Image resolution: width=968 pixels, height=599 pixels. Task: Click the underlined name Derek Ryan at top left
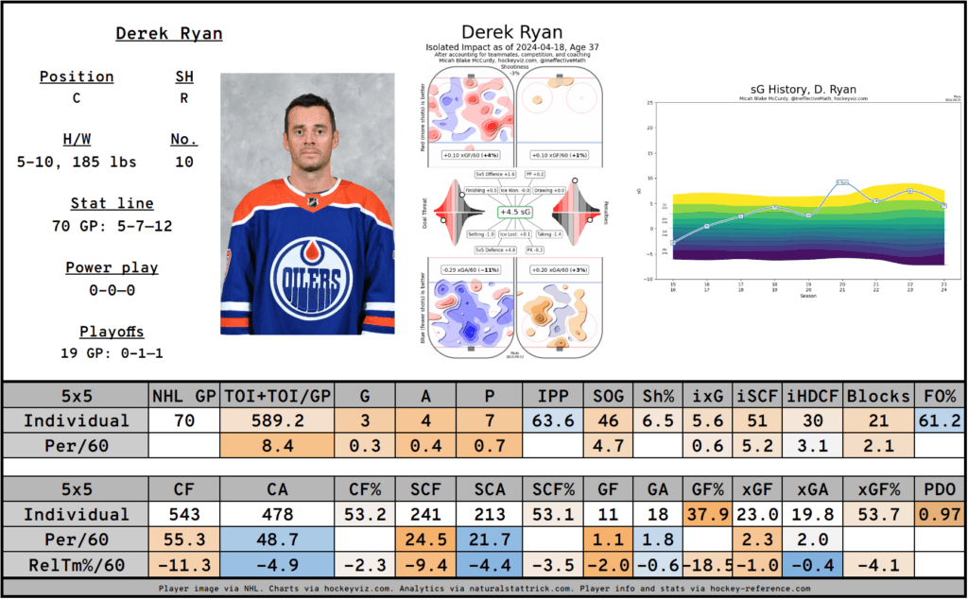(169, 34)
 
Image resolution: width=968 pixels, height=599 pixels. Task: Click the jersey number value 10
(183, 163)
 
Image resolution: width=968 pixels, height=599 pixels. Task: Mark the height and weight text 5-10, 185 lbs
(77, 163)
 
